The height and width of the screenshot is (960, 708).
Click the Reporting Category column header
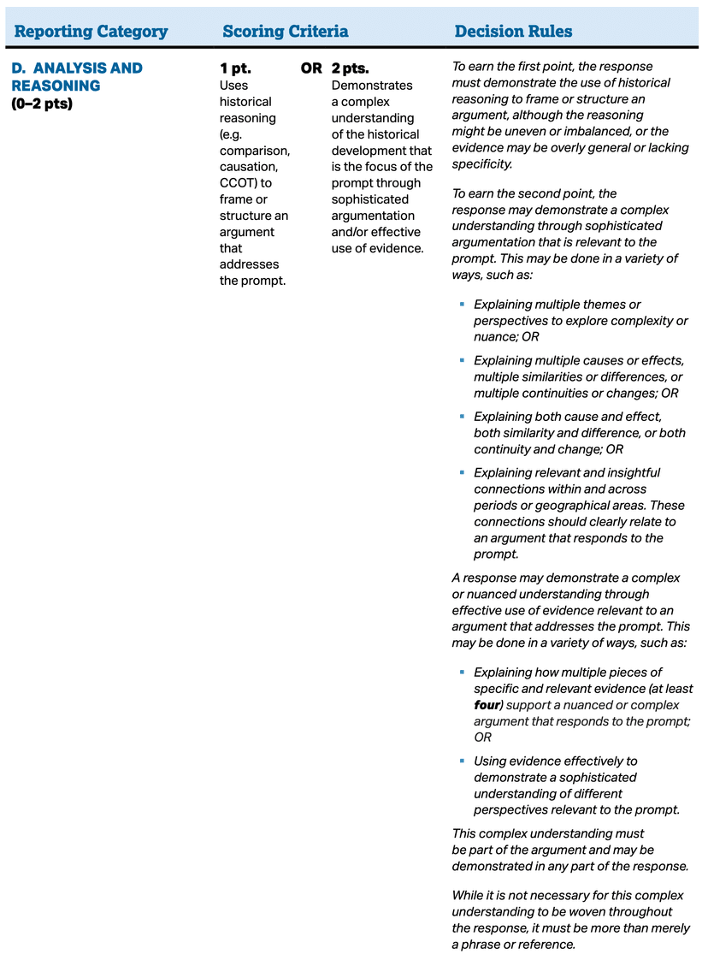click(91, 32)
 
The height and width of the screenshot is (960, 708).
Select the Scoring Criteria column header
click(285, 32)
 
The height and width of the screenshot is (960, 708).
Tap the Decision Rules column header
click(513, 32)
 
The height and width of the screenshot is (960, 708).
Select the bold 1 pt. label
click(235, 68)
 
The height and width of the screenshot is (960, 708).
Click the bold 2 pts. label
click(350, 68)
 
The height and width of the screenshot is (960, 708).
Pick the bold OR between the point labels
click(311, 68)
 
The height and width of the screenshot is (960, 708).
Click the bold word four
click(488, 705)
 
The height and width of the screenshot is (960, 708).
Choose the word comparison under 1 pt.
click(254, 151)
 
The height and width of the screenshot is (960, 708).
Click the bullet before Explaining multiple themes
click(462, 305)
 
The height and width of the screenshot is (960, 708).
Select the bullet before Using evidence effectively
click(462, 761)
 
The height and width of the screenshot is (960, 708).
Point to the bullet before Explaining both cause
click(462, 417)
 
